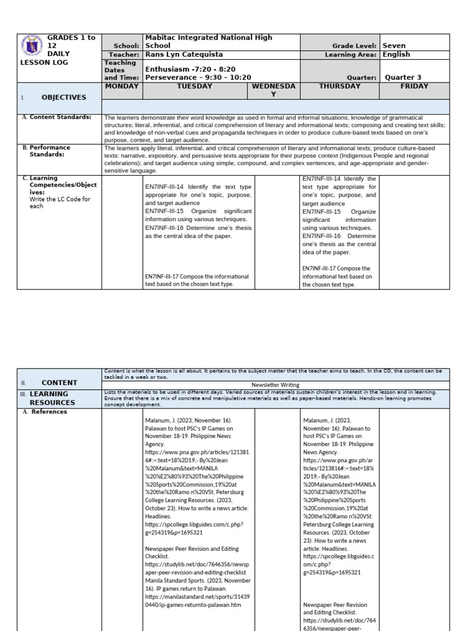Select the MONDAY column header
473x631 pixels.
point(122,86)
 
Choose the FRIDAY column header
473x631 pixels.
point(414,86)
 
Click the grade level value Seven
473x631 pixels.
point(395,46)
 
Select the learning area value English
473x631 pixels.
point(396,54)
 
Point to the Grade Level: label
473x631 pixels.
point(355,46)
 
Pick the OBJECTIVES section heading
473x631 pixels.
point(63,97)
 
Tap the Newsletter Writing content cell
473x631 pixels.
point(276,383)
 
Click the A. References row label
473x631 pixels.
point(49,412)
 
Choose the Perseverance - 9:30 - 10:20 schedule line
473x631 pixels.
point(197,78)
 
